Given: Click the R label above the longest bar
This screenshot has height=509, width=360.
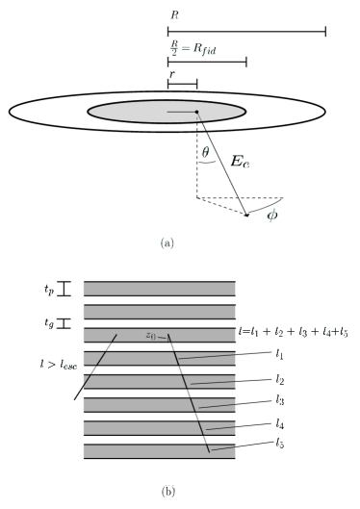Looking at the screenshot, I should (173, 15).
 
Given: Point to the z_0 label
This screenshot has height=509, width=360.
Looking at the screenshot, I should (150, 336).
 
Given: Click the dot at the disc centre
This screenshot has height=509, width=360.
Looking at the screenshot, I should (197, 113).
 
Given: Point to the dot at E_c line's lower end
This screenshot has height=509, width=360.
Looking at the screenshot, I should (246, 216).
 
